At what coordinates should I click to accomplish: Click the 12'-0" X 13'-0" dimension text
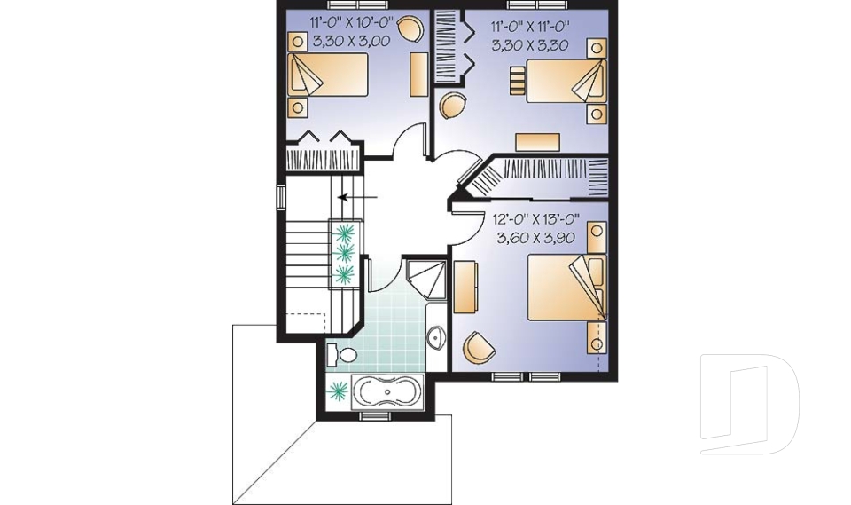tap(535, 218)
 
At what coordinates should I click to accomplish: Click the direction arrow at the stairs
tap(359, 197)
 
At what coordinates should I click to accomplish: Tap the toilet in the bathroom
tap(341, 356)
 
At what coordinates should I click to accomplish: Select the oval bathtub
tap(388, 391)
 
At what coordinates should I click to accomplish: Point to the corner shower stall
tap(425, 275)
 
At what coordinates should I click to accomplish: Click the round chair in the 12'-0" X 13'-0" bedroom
tap(480, 347)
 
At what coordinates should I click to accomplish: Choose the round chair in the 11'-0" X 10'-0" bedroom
tap(410, 29)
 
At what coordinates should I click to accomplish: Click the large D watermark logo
tap(748, 403)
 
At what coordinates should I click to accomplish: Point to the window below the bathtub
tap(376, 415)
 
